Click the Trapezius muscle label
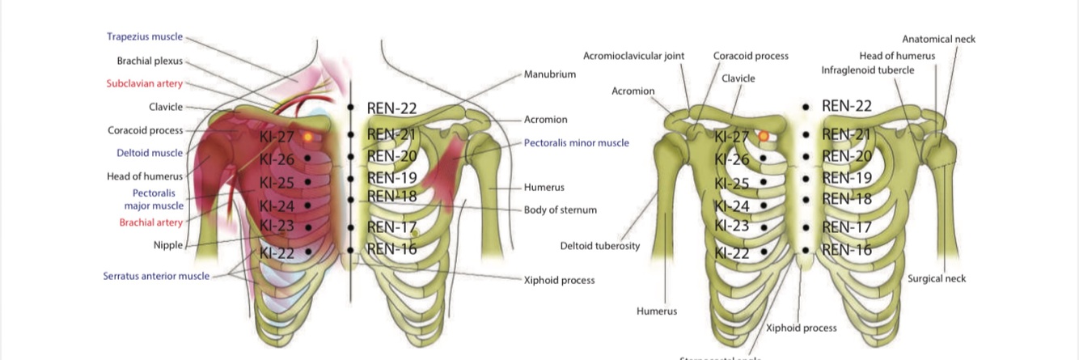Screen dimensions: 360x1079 pos(145,37)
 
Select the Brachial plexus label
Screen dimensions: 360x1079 pos(150,61)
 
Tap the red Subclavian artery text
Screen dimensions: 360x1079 pos(145,83)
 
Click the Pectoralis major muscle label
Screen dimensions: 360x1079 pos(154,199)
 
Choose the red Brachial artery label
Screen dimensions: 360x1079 pos(151,222)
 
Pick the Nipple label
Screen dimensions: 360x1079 pos(168,244)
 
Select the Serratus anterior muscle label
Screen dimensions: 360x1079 pos(156,276)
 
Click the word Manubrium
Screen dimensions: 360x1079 pos(550,74)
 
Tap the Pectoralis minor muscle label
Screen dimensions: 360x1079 pos(576,143)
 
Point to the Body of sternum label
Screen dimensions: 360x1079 pos(561,210)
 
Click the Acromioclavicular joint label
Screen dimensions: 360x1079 pos(634,56)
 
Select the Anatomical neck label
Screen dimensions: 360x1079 pos(939,39)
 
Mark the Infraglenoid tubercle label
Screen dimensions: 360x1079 pos(868,70)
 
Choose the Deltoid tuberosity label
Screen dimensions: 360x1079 pos(600,246)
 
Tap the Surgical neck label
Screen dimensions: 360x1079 pos(937,278)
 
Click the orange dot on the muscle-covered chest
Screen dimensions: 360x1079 pos(307,137)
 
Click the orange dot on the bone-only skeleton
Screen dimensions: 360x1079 pos(763,137)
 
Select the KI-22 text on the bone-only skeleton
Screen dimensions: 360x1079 pos(731,253)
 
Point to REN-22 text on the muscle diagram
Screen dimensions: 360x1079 pos(391,108)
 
